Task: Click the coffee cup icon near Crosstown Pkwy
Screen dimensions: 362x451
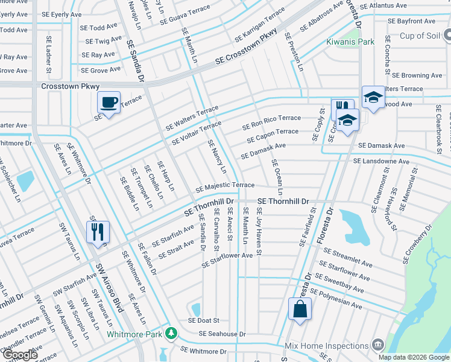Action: [109, 103]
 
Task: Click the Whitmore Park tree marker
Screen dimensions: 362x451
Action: [172, 334]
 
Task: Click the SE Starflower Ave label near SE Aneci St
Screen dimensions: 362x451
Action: [227, 259]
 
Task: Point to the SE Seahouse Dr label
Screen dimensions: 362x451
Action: [222, 334]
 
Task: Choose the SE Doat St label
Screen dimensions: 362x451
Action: [204, 320]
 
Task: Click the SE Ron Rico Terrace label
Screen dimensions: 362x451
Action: [271, 122]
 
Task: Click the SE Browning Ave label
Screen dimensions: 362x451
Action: [417, 75]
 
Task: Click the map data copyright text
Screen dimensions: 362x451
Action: [414, 357]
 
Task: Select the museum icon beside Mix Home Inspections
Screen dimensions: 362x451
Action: [378, 345]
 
